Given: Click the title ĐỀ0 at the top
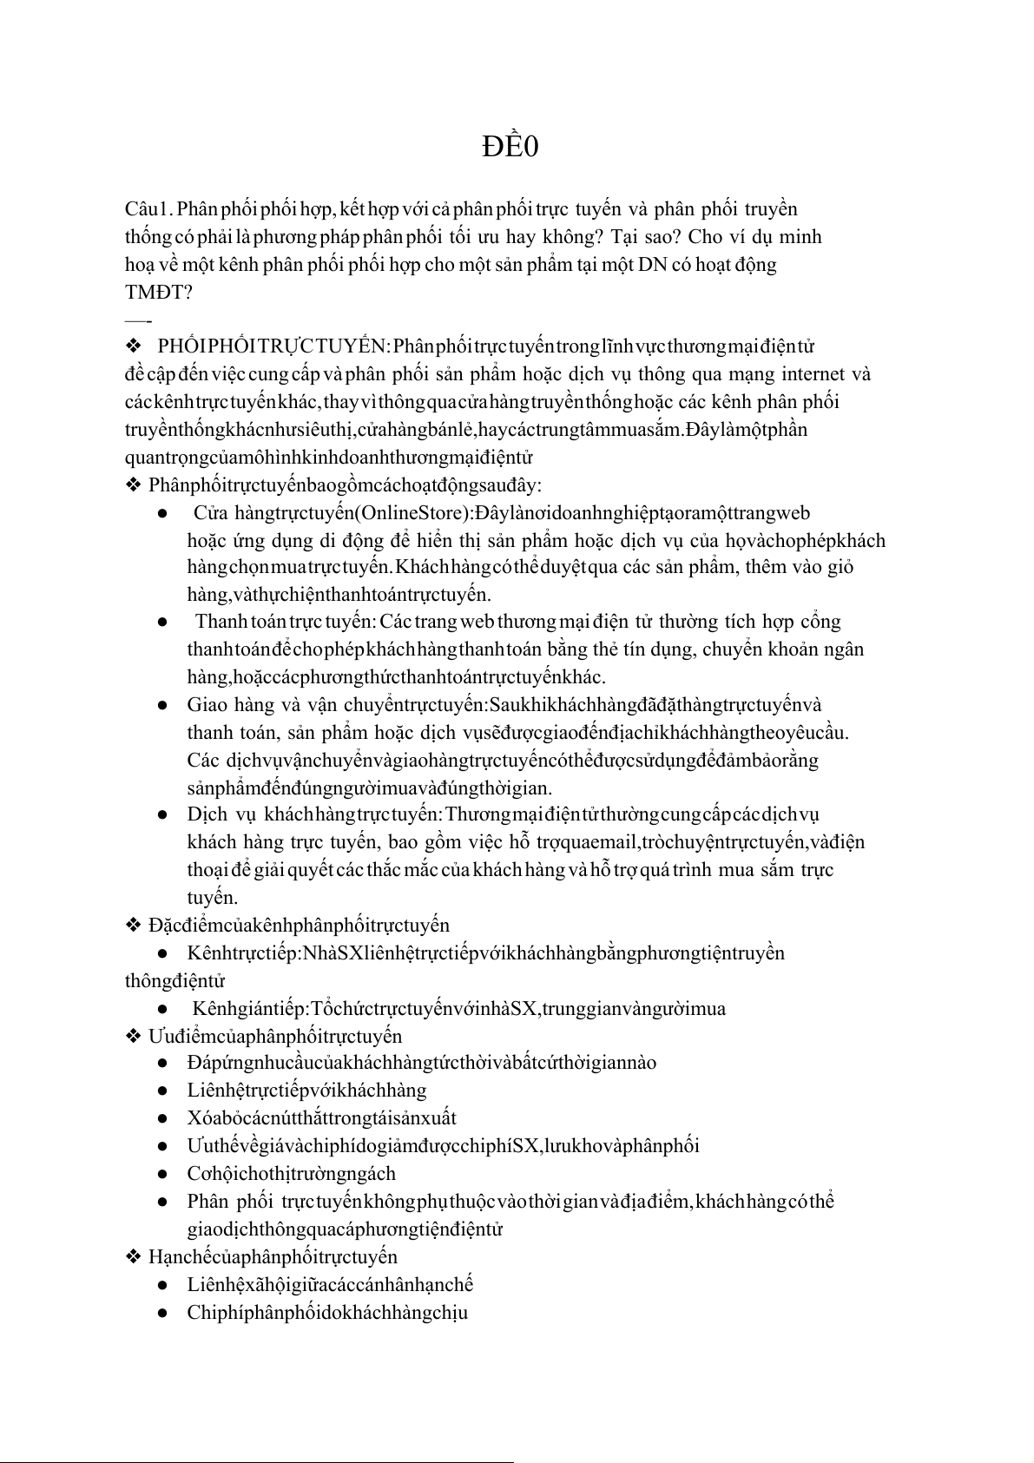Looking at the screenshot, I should (x=510, y=148).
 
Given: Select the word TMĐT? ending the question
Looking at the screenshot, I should (x=158, y=293).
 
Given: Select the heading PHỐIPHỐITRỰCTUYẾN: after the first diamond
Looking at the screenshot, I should (x=271, y=347).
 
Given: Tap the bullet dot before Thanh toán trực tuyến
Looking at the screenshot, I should (x=162, y=623).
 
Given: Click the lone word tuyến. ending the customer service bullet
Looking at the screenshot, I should (x=212, y=898).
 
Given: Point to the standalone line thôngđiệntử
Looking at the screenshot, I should (x=175, y=981).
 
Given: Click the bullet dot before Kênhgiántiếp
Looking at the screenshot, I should (x=162, y=1009).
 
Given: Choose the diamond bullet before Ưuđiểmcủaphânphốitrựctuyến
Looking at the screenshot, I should (x=134, y=1037).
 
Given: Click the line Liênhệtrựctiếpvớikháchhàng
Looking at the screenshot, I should (x=306, y=1091).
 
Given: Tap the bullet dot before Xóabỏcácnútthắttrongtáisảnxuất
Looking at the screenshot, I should (x=162, y=1119).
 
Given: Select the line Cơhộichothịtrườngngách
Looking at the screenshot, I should (x=291, y=1174).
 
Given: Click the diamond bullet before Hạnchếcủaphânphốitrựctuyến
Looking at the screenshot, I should (x=134, y=1257).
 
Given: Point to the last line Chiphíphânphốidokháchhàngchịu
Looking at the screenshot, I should (x=327, y=1313).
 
